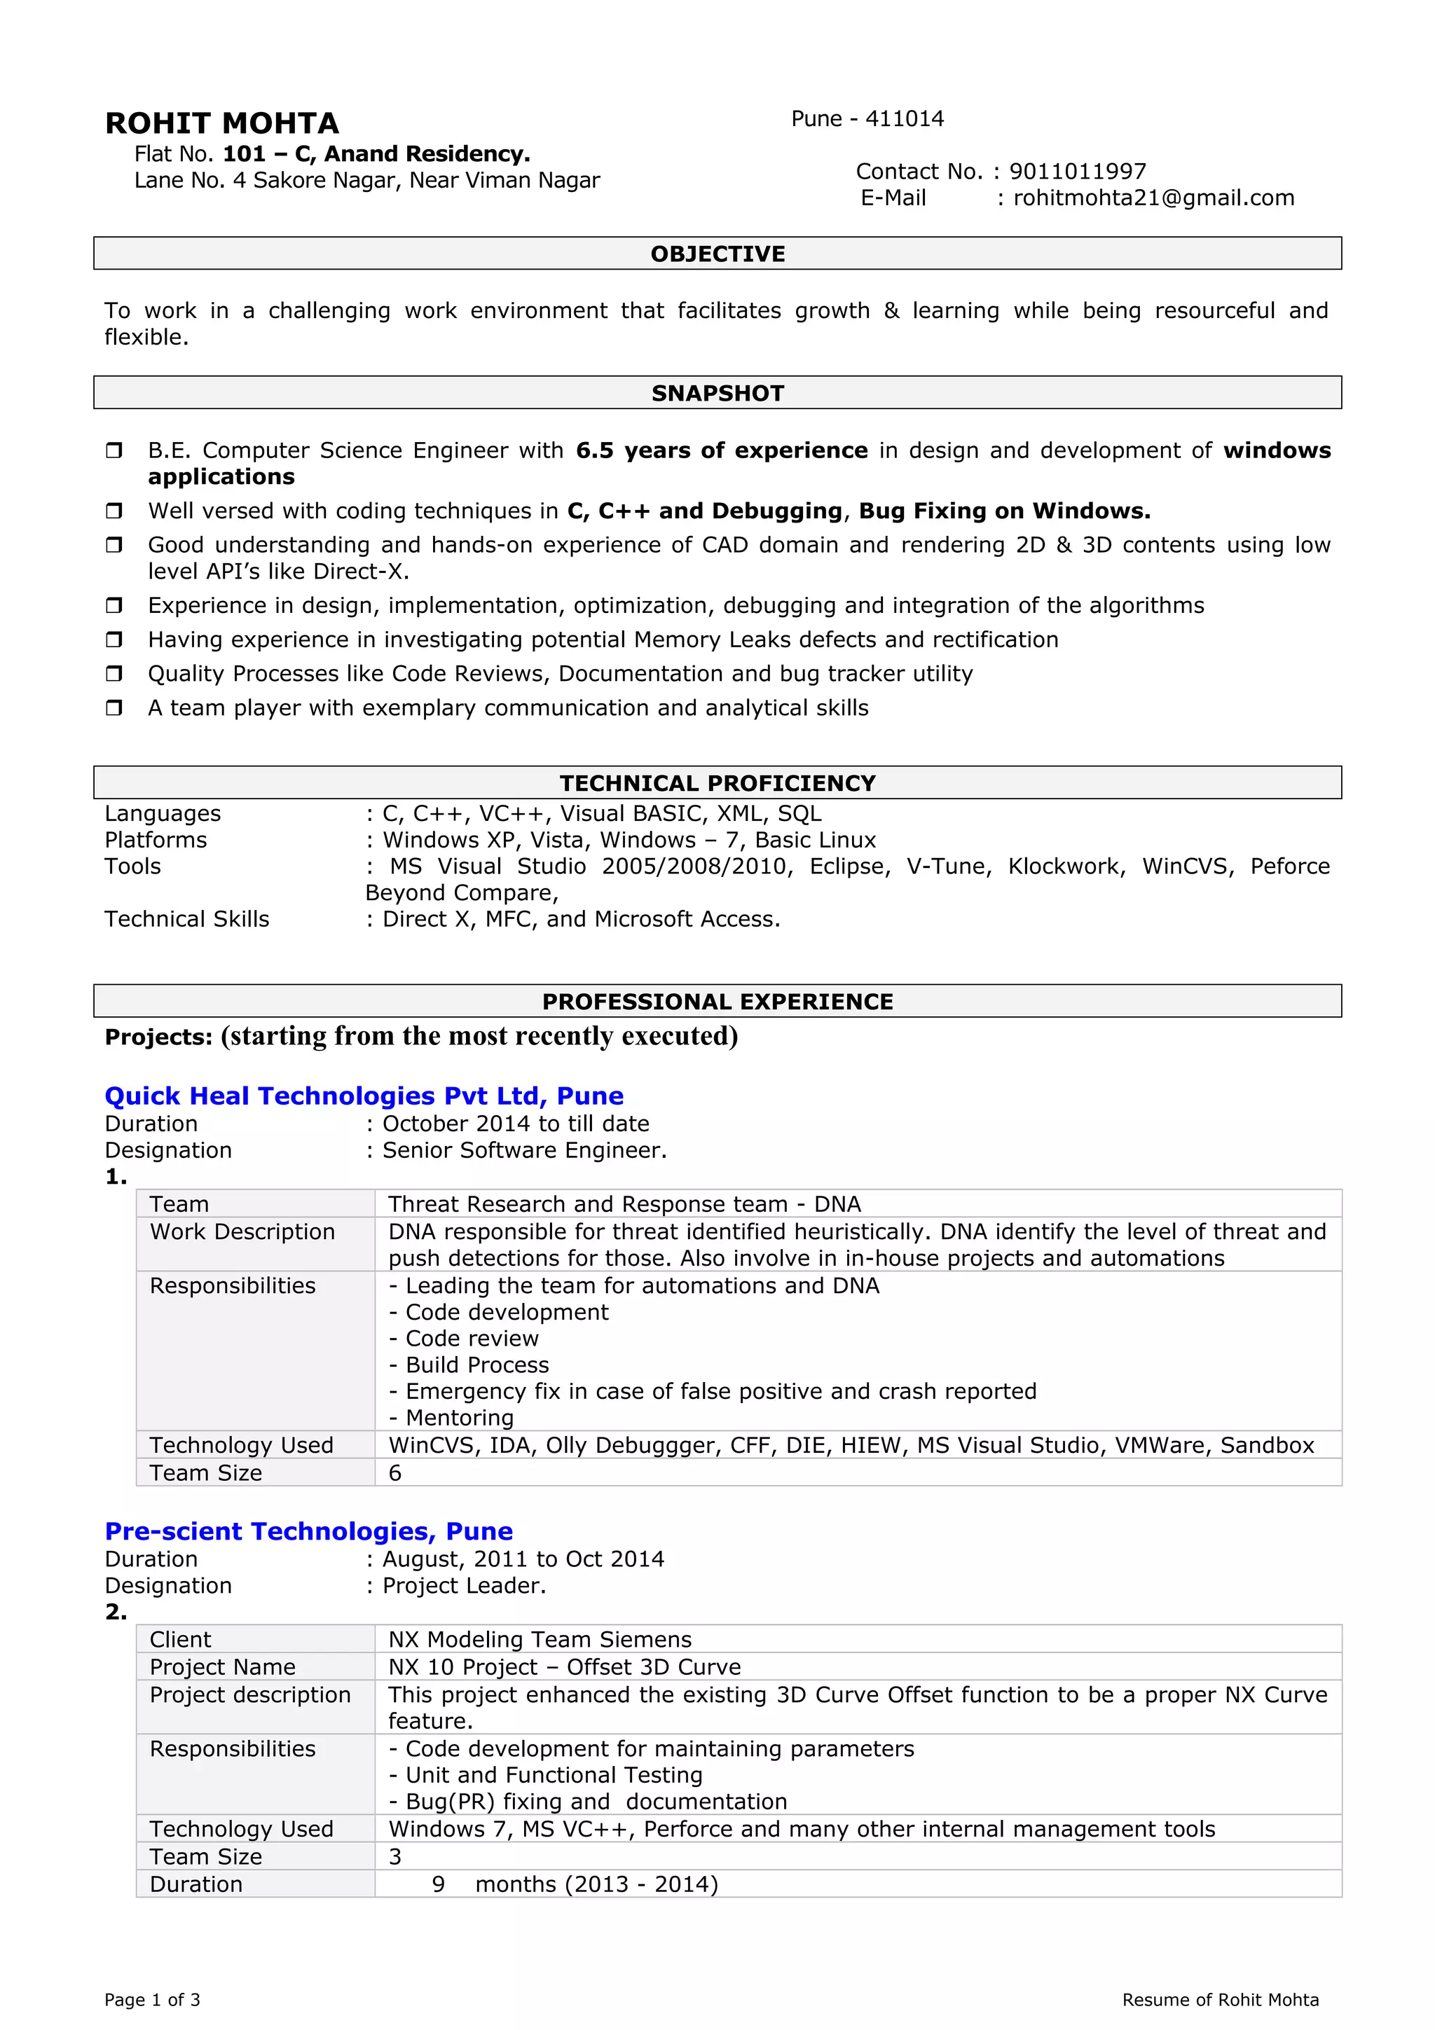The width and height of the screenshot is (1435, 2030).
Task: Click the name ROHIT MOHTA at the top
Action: coord(222,123)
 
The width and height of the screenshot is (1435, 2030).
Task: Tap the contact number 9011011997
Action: coord(1077,172)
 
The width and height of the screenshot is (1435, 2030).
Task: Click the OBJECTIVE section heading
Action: coord(717,254)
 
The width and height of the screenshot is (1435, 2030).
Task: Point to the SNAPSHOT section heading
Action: coord(717,394)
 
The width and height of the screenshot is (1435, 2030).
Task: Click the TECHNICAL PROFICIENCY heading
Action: coord(717,783)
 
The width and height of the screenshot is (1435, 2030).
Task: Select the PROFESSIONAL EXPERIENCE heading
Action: coord(717,1002)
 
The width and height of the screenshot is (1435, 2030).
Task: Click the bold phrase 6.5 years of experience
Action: coord(722,451)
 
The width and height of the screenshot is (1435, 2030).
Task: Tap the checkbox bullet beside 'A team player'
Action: coord(114,708)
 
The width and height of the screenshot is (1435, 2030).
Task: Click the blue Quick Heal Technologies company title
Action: coord(364,1096)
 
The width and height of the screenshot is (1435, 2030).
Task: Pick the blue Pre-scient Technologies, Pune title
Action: coord(308,1531)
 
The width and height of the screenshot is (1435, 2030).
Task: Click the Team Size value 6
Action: coord(395,1473)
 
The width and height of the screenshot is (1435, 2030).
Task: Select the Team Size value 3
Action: coord(395,1857)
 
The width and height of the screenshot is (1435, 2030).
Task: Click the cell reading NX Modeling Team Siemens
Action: coord(540,1639)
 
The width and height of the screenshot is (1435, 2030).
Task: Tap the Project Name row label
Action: coord(223,1666)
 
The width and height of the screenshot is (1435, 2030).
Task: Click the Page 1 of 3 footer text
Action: coord(152,2000)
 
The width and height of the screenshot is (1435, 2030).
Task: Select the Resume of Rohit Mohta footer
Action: coord(1220,2000)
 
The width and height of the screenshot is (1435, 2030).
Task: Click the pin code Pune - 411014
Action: coord(867,119)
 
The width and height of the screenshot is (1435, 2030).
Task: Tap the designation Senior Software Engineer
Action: coord(524,1150)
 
